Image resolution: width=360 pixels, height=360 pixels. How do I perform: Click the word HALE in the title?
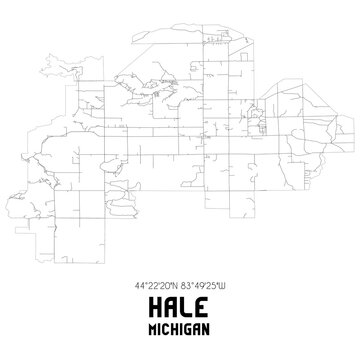(180, 305)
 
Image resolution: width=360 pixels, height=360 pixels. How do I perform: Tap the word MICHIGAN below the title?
(180, 328)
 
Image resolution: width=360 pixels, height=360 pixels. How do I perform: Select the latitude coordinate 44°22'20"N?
(155, 285)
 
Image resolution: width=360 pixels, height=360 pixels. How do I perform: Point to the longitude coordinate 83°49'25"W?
(205, 285)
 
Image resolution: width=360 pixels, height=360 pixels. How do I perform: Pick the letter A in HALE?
(171, 305)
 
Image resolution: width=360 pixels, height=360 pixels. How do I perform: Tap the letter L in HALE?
(189, 305)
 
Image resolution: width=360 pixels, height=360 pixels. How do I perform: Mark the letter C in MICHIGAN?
(169, 328)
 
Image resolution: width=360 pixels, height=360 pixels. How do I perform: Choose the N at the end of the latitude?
(175, 285)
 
